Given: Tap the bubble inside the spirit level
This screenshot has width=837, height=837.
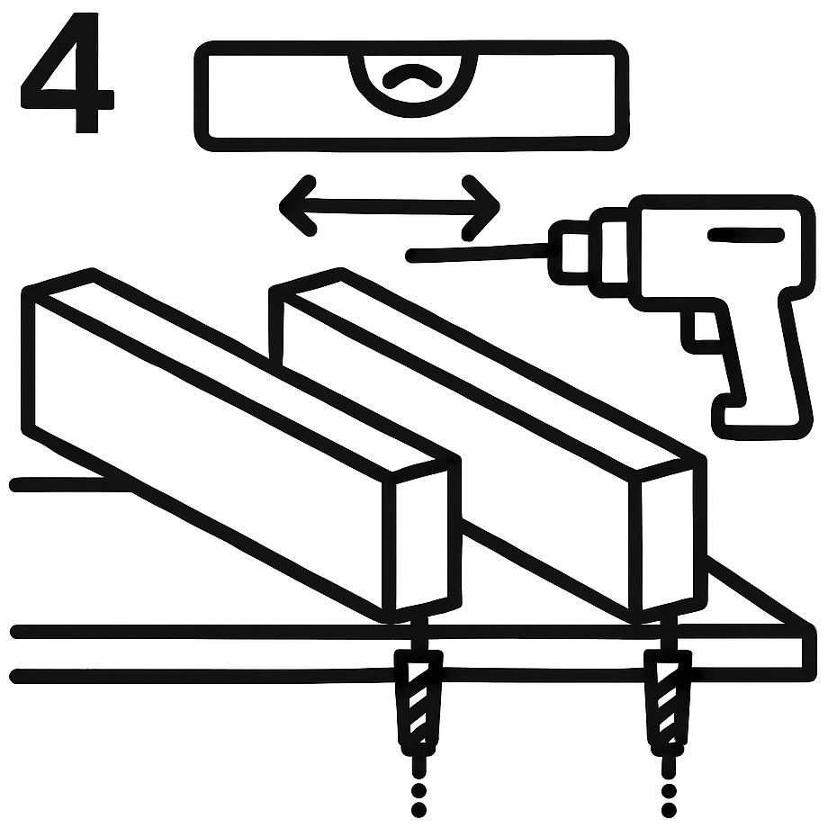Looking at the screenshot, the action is point(412,76).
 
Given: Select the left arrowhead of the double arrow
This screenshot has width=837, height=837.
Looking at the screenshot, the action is point(298,205).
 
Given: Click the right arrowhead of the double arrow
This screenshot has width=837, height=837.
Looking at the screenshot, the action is point(481,207).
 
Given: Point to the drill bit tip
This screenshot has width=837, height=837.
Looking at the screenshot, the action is point(411,256).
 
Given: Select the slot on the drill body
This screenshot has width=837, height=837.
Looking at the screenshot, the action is point(746,234).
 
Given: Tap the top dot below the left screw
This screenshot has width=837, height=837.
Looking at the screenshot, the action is point(419,790).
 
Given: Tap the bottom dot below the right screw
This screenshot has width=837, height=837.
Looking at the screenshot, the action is point(669,810).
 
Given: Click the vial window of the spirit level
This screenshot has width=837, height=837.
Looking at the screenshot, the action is point(412,83).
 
